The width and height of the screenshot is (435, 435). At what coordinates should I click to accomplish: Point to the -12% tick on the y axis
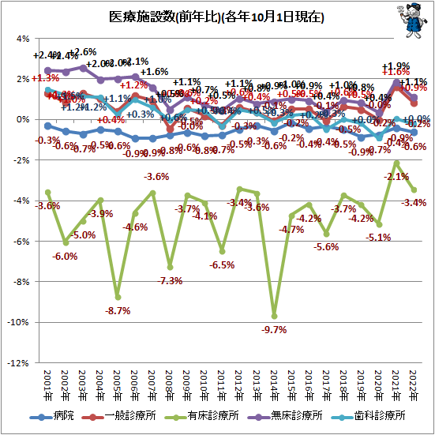click(19, 363)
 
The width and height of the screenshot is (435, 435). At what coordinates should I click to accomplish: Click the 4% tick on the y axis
click(22, 38)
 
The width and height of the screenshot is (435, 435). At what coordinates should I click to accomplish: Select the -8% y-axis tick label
click(21, 282)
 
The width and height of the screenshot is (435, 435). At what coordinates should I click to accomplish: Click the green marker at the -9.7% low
click(275, 316)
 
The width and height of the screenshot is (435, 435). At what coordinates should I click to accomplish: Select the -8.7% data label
click(118, 311)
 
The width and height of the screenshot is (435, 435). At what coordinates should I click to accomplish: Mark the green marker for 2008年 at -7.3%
click(170, 267)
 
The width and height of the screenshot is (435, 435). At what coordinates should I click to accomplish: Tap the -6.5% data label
click(222, 265)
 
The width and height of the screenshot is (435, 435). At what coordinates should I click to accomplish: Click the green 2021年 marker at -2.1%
click(396, 163)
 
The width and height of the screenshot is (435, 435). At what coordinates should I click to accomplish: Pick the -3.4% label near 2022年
click(414, 203)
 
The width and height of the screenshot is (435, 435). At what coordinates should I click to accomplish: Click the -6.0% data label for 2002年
click(65, 256)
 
